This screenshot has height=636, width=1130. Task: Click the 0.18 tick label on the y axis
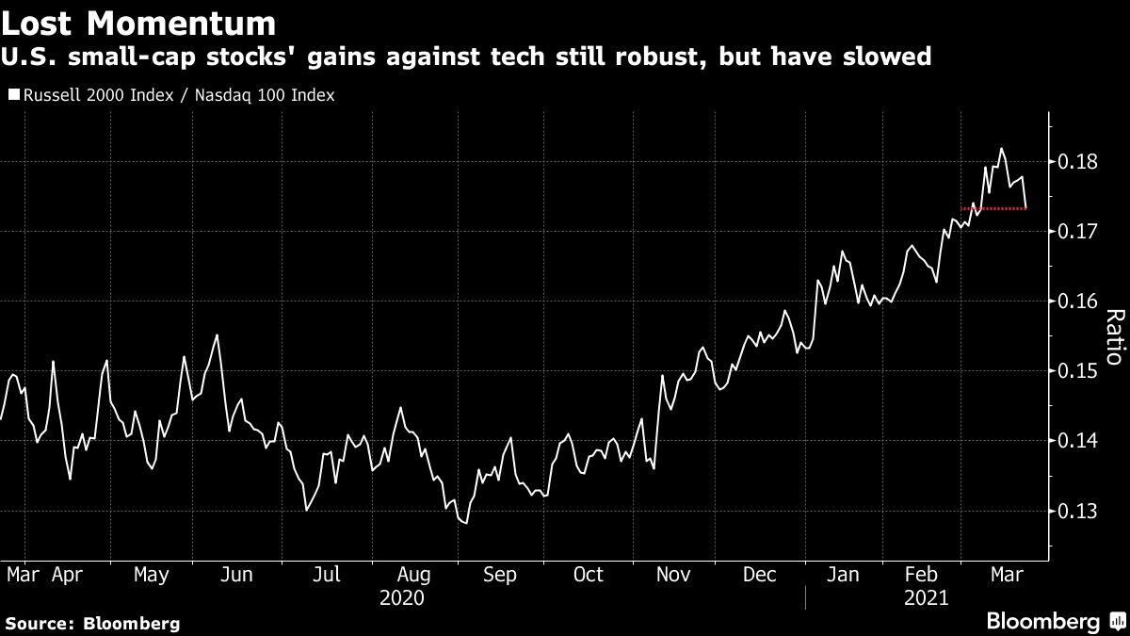click(1077, 161)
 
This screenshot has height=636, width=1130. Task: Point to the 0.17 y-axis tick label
click(1077, 231)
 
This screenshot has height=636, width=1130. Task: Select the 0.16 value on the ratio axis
click(1077, 301)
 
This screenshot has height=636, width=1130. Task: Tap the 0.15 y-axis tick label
click(1077, 371)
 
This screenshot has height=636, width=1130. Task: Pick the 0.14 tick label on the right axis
click(1077, 441)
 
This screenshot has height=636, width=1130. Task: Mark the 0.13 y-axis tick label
click(1077, 511)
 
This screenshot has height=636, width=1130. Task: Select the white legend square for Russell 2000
click(12, 95)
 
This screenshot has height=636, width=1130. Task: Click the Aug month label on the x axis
click(415, 575)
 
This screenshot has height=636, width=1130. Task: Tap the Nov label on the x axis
click(674, 575)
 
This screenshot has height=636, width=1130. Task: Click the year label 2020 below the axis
click(402, 597)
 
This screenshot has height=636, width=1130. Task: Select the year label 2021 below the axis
click(927, 597)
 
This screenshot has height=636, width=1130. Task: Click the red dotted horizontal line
click(993, 208)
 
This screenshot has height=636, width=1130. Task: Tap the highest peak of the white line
click(1001, 148)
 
